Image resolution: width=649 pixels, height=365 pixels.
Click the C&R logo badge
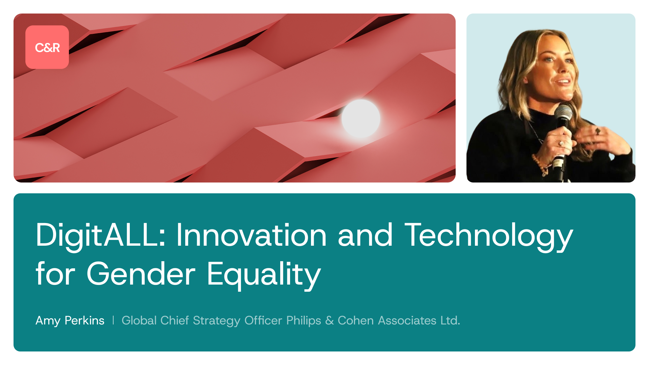coord(47,47)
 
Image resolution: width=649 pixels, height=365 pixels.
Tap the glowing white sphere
coord(361,118)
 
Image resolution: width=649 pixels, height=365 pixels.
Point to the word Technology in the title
coord(489,236)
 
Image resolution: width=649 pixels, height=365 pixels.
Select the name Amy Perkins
coord(70,320)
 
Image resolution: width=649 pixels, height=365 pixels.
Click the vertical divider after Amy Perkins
coord(113,320)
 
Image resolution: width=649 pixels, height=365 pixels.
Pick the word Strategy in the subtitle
coord(216,320)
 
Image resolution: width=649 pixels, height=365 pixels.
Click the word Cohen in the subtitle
coord(356,320)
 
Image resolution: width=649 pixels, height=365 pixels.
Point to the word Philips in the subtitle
coord(304,320)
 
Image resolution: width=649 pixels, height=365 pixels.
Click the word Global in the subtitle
coord(139,320)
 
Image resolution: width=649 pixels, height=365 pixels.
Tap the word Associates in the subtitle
coord(407,320)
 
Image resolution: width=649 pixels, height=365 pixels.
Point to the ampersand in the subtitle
coord(329,320)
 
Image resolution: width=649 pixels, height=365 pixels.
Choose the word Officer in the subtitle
coord(263,320)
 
